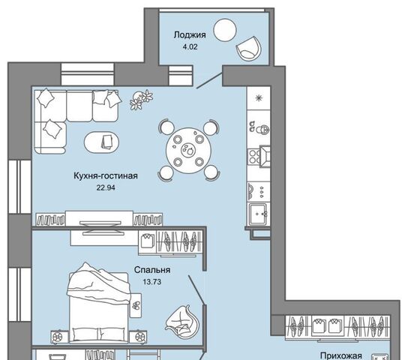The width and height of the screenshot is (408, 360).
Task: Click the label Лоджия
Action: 190,35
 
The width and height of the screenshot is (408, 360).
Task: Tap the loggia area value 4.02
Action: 190,47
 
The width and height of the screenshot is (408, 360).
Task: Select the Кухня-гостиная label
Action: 106,175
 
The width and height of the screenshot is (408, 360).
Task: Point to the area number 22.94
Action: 106,187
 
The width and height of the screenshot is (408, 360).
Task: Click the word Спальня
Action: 152,270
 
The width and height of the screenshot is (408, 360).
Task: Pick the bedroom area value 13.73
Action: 152,282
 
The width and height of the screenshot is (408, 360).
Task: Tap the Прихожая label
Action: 340,355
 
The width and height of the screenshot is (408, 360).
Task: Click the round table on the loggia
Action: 225,30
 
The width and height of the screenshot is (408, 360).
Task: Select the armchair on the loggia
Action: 248,49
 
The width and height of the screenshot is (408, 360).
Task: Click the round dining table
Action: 189,150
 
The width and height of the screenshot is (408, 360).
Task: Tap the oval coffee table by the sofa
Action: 101,142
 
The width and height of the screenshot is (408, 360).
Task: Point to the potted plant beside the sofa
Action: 141,100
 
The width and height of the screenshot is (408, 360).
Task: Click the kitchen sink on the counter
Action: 257,214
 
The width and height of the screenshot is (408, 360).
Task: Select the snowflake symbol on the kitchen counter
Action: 259,98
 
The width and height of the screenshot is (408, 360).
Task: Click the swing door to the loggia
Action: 209,80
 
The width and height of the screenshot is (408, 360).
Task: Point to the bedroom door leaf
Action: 197,289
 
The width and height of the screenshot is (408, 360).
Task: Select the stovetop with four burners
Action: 253,156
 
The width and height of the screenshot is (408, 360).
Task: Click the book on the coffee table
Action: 107,142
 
